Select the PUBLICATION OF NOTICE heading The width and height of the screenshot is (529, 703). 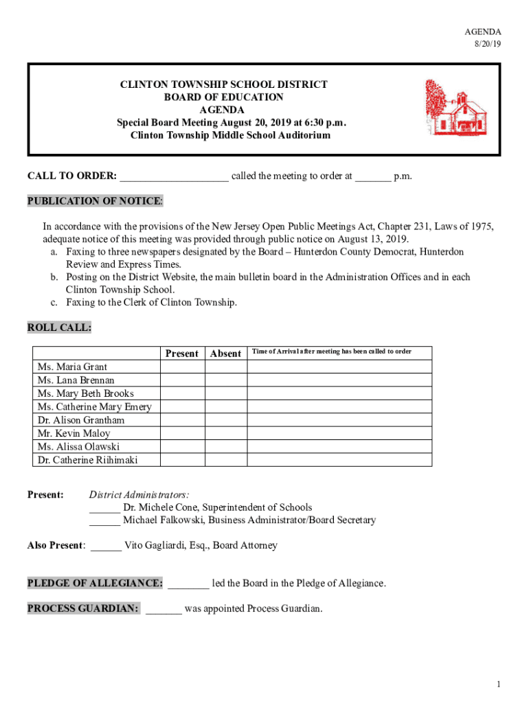point(95,201)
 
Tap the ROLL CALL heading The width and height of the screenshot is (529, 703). point(59,327)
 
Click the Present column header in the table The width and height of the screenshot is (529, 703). point(182,354)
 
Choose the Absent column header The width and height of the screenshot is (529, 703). point(225,354)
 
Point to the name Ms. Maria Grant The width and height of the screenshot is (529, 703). point(73,367)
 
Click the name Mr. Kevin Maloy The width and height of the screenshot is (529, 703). point(74,433)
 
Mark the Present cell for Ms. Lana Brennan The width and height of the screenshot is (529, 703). point(182,380)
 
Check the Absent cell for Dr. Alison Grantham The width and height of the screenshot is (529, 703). point(225,420)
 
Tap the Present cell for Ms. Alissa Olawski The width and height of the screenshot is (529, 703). point(182,447)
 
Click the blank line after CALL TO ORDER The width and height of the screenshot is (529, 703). point(175,177)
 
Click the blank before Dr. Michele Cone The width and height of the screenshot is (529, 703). point(104,509)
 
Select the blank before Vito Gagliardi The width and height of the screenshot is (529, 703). point(106,547)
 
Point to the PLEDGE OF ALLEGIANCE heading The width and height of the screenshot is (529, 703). point(95,584)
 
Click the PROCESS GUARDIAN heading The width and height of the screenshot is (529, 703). point(83,608)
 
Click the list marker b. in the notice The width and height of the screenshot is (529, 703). point(54,277)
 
